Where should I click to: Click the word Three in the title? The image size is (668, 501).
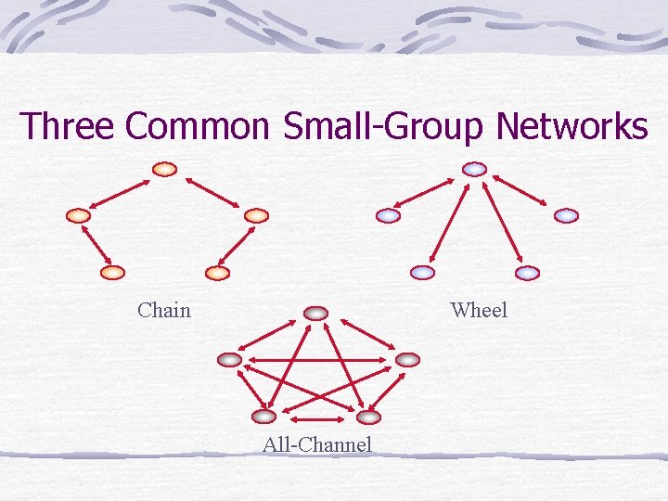pos(68,126)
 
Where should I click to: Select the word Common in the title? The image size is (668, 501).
pos(196,126)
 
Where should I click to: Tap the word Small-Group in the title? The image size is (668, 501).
pos(383,127)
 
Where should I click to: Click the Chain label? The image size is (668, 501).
pos(164,310)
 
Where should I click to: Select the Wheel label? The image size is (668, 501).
pos(479,310)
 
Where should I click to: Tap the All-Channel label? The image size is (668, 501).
pos(317,444)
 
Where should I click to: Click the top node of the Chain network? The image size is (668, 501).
pos(164,170)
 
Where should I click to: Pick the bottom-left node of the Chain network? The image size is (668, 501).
pos(112,273)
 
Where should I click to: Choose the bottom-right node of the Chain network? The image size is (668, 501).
pos(217,273)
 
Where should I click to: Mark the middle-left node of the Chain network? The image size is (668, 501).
pos(79,215)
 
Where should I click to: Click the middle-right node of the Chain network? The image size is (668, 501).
pos(256,215)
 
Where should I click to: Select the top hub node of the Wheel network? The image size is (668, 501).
pos(474,170)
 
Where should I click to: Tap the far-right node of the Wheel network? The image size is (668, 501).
pos(566,215)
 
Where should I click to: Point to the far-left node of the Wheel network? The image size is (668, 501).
pos(389,215)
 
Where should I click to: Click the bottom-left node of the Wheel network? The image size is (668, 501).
pos(422,273)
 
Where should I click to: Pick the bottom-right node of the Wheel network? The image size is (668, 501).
pos(527,273)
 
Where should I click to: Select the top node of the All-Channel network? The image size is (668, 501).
pos(316,314)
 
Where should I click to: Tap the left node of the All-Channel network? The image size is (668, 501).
pos(229,359)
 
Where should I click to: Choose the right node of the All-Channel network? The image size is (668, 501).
pos(407,359)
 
